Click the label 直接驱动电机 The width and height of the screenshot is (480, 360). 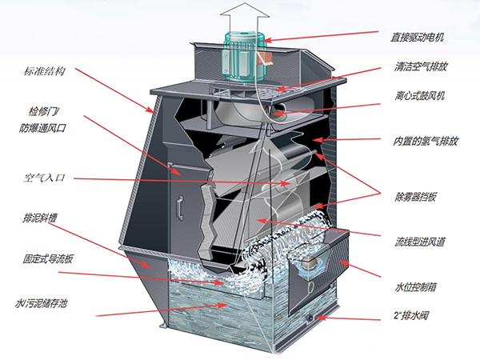pos(417,38)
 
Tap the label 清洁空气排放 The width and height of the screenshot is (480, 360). pos(421,66)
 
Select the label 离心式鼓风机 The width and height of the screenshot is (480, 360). pos(420,96)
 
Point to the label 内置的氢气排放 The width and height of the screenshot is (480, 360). pos(426,141)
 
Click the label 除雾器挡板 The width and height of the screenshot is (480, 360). pos(415,197)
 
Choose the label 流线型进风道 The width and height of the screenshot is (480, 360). pos(420,242)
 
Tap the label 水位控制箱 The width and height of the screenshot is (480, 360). pos(415,287)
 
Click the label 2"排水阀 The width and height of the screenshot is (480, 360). pos(411,315)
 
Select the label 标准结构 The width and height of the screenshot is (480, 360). pos(45,71)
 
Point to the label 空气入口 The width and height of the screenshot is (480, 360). pos(45,178)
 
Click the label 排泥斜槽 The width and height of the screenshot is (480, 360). pos(40,218)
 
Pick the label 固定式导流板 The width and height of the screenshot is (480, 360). pos(48,259)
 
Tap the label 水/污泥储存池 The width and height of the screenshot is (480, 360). pos(41,303)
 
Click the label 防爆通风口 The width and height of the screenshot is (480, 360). pos(42,128)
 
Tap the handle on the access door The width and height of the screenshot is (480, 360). pos(180,208)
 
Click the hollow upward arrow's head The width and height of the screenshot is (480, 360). pos(245,10)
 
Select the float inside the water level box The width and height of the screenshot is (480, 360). pos(310,263)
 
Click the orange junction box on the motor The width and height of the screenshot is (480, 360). pos(264,58)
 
